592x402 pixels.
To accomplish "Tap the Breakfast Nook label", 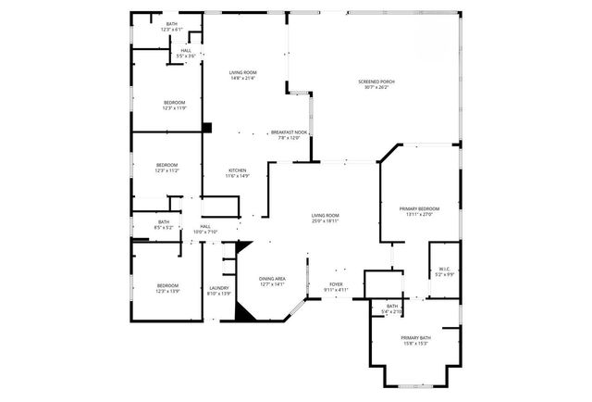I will (289, 132).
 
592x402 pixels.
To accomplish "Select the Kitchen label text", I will (238, 170).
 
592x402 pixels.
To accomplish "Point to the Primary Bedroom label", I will (419, 208).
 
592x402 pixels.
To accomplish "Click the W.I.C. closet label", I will (444, 269).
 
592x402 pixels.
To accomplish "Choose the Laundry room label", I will (219, 288).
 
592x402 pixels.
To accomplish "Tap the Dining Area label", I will (272, 279).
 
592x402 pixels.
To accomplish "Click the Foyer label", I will (337, 284).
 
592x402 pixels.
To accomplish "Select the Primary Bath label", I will (416, 338).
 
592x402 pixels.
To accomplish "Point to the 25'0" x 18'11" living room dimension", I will (326, 220).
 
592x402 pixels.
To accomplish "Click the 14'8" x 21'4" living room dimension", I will (242, 78).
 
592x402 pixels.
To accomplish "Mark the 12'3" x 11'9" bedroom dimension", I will (174, 108).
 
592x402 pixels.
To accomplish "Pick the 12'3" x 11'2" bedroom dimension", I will (167, 170).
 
